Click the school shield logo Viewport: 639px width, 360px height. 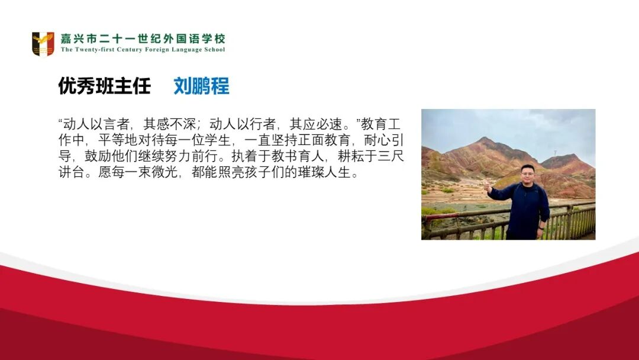pyautogui.click(x=43, y=44)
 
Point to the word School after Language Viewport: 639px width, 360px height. pyautogui.click(x=215, y=50)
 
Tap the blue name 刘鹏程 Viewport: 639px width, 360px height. pyautogui.click(x=201, y=86)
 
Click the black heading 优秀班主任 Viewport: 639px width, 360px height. pyautogui.click(x=105, y=86)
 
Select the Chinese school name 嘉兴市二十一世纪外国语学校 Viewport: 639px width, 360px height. pyautogui.click(x=143, y=39)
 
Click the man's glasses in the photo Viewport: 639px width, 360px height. pyautogui.click(x=527, y=173)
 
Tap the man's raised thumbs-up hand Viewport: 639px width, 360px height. pyautogui.click(x=488, y=188)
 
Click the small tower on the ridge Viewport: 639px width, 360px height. pyautogui.click(x=554, y=153)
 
